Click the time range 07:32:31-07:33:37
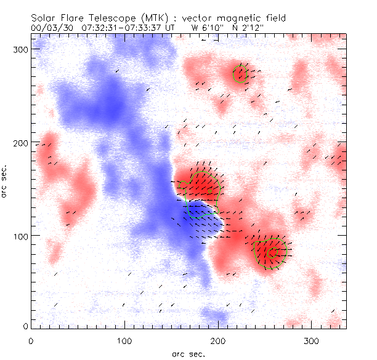tap(121, 28)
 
